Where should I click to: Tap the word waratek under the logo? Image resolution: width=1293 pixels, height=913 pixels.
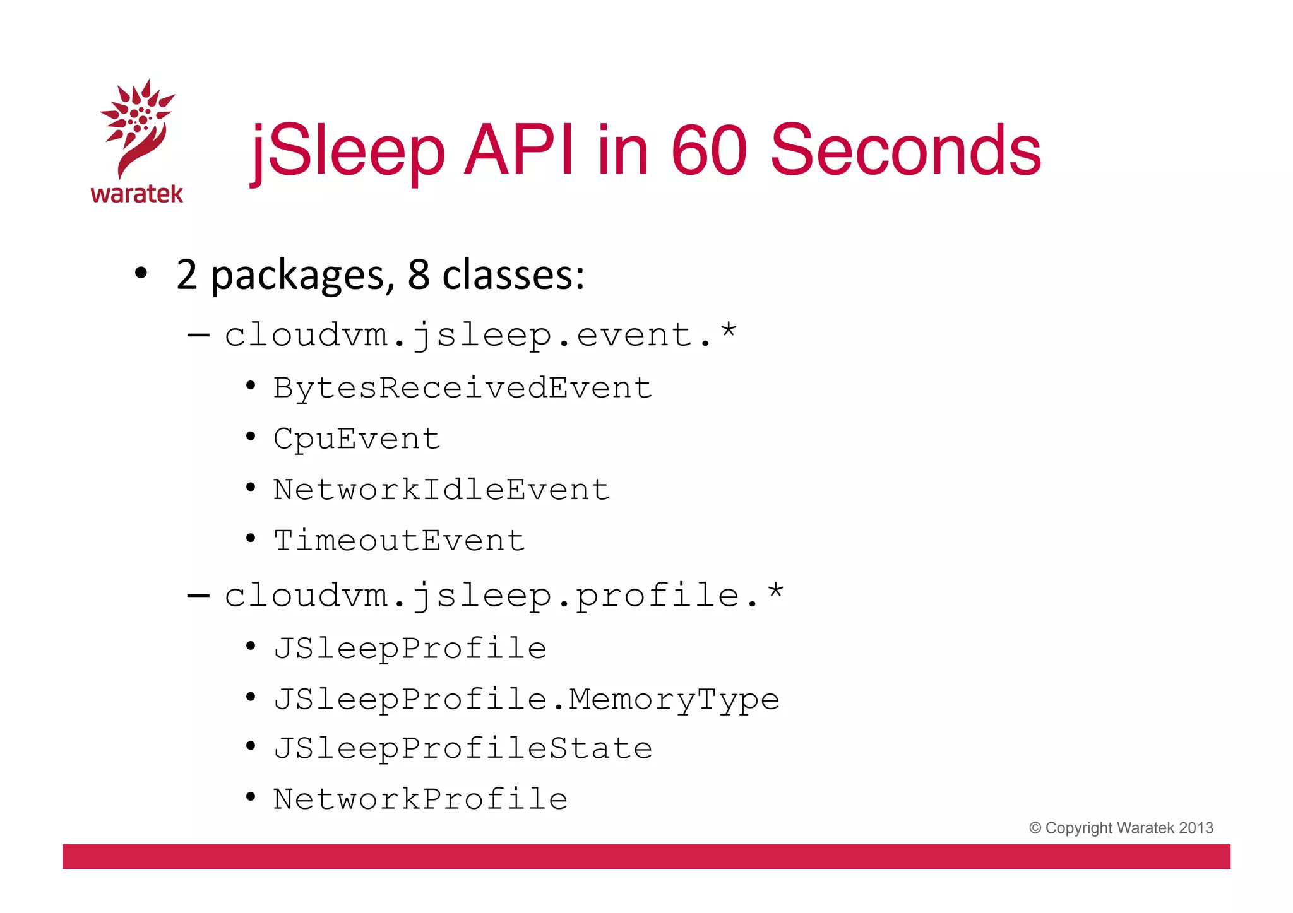pos(137,194)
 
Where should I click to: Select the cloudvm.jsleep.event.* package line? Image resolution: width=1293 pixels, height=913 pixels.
pos(480,334)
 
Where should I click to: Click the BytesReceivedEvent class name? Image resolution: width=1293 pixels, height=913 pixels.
pos(463,387)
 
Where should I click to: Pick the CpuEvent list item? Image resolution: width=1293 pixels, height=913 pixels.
pos(357,439)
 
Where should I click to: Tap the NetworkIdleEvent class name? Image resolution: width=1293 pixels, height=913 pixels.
pos(441,490)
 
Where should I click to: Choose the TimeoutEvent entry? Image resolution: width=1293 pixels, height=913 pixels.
pos(399,541)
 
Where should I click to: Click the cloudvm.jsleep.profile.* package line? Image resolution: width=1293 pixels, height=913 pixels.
pos(504,596)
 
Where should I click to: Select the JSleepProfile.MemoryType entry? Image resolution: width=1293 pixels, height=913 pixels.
pos(527,699)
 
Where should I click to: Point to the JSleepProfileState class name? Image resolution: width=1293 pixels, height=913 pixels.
pos(463,748)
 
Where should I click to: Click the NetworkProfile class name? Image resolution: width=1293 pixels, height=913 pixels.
pos(420,799)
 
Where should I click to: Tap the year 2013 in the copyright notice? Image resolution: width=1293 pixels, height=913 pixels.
pos(1196,828)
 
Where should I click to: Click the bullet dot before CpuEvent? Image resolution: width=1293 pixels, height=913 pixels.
pos(251,436)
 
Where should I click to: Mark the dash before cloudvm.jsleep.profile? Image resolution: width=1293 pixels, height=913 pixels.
pos(198,595)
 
